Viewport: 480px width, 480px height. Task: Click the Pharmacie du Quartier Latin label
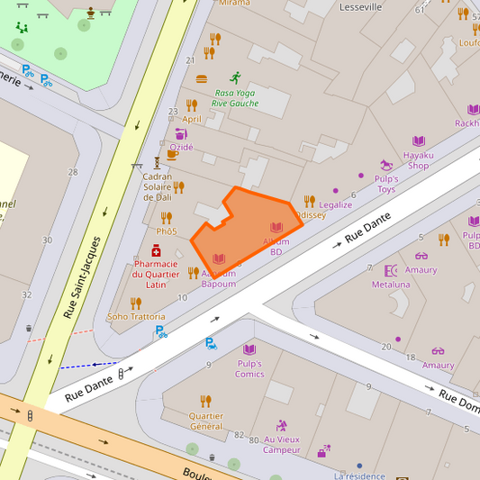click(156, 274)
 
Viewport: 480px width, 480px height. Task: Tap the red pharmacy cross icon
click(156, 251)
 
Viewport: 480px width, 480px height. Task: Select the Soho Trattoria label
click(136, 317)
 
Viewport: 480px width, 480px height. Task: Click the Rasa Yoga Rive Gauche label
click(235, 98)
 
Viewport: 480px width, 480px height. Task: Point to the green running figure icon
click(235, 77)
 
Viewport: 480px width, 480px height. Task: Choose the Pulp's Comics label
click(249, 368)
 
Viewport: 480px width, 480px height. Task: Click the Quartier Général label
click(206, 421)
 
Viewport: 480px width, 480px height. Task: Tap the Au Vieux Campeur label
click(282, 445)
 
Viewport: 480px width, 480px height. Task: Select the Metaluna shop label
click(391, 285)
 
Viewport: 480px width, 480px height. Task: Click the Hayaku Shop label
click(419, 160)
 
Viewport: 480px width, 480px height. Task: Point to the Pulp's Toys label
click(386, 184)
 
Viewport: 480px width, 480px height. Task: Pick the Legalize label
click(336, 204)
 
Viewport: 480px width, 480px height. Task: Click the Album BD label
click(276, 247)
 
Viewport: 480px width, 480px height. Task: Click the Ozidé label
click(181, 147)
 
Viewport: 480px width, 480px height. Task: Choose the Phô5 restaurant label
click(167, 231)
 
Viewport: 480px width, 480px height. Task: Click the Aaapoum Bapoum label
click(219, 278)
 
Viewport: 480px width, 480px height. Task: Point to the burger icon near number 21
click(202, 78)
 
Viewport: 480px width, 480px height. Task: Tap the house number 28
click(73, 171)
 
